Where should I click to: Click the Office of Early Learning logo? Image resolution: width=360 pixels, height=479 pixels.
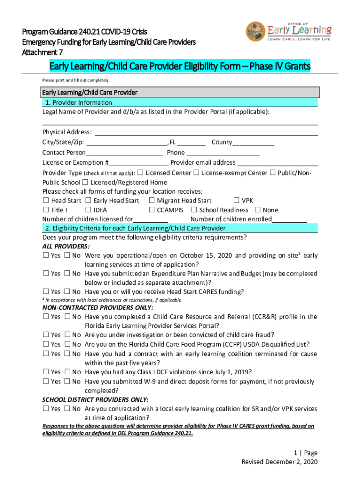point(289,33)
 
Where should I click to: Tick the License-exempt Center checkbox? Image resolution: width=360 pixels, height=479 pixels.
point(196,173)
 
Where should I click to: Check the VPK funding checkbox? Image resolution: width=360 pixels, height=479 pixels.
point(236,201)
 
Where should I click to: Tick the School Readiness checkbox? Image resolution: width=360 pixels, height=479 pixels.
point(195,210)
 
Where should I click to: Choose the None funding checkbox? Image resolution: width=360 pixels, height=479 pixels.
point(257,210)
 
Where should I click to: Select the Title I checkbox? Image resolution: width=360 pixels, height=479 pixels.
point(46,210)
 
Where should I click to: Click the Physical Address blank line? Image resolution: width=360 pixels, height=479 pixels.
point(206,133)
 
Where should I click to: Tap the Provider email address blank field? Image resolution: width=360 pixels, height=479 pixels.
point(278,163)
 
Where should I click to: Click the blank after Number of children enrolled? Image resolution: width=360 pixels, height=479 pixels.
point(289,220)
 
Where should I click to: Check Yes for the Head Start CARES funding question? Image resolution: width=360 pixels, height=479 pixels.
point(46,292)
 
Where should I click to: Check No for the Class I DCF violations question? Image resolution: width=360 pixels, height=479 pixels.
point(67,372)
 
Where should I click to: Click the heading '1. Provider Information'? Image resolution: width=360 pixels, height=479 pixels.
point(78,102)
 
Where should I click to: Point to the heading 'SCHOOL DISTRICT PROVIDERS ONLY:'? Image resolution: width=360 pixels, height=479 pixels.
point(95,399)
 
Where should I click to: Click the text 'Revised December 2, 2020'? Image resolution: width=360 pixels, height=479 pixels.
point(279,462)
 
